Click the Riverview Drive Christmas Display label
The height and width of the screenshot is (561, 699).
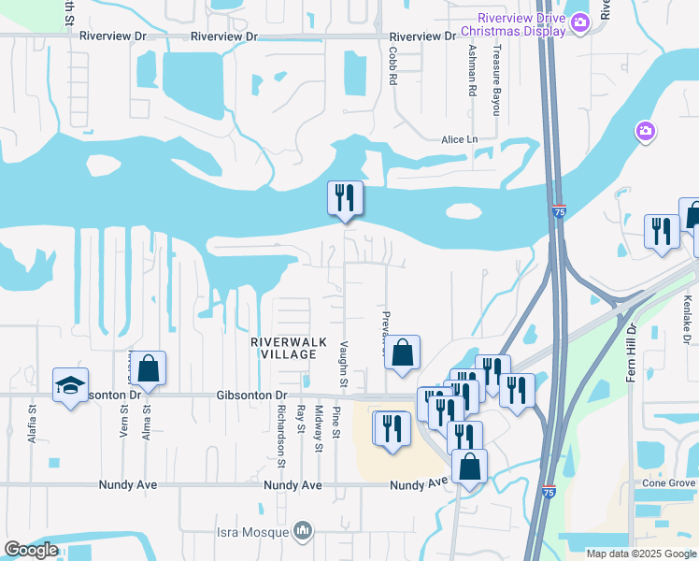pos(521,24)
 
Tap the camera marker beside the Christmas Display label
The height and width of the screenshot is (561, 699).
pos(580,22)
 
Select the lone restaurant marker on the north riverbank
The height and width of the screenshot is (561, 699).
pos(345,198)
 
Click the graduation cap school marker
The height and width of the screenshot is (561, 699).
pos(70,386)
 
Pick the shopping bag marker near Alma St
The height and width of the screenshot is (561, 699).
pos(148,368)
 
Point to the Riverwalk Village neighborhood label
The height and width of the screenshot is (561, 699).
pos(289,348)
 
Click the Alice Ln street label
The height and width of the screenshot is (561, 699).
pos(459,139)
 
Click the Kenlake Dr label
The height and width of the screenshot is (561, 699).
pos(687,319)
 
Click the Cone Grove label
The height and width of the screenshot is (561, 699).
pos(668,483)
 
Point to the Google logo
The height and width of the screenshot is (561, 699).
pos(31,550)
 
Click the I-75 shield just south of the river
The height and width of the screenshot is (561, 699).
pos(558,212)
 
